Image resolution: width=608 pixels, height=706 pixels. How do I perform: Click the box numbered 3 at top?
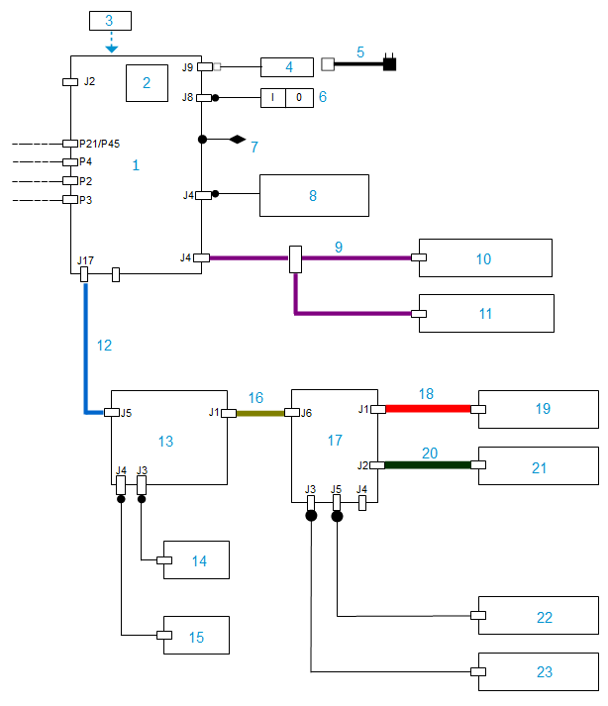point(110,21)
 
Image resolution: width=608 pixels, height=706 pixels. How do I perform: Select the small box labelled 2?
point(147,83)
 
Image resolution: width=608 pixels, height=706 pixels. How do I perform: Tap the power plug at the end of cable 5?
point(390,64)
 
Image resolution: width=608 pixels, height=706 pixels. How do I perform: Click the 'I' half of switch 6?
point(273,98)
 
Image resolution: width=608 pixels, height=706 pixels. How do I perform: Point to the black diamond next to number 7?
point(237,140)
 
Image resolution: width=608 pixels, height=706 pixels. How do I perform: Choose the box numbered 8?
point(313,196)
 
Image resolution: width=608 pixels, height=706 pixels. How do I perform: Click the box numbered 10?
point(484,258)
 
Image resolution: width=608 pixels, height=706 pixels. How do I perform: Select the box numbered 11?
point(485,313)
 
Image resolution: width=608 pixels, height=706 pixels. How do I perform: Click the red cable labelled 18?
point(427,408)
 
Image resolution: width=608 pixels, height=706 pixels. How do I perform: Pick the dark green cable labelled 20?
point(427,464)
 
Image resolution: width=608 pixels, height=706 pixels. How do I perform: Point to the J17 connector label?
point(83,261)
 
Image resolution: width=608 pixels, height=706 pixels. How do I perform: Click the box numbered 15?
point(196,636)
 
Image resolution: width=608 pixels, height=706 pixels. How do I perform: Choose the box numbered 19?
point(539,408)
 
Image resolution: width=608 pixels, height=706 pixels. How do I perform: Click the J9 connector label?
point(188,67)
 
